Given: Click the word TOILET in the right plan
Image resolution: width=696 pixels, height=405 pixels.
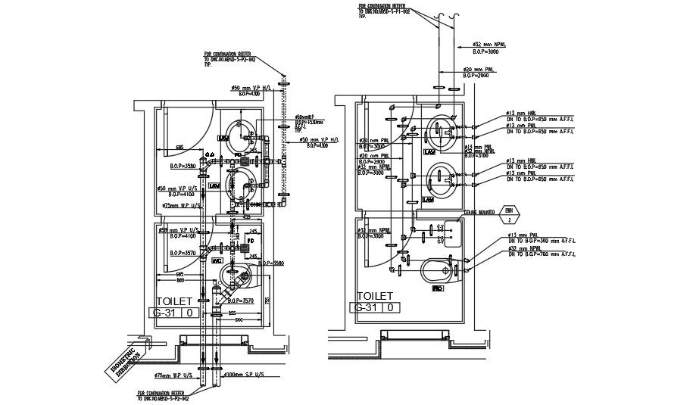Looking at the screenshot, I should (x=376, y=296).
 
